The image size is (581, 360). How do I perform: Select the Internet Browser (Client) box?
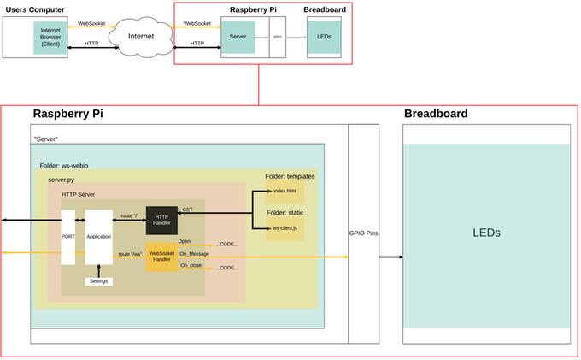(49, 38)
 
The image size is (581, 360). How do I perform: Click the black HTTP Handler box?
(161, 220)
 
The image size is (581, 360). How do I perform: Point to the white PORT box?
(68, 236)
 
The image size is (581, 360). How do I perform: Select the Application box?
(99, 236)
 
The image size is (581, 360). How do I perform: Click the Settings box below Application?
(99, 281)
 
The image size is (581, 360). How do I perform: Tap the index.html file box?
(285, 192)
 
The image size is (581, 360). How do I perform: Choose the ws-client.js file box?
(285, 228)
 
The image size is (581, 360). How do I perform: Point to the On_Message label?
(195, 253)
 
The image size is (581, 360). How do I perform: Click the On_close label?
(191, 266)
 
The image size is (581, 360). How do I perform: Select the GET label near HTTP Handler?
(187, 209)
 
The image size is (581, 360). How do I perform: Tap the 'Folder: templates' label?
(290, 176)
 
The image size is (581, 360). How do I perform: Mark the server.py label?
(62, 180)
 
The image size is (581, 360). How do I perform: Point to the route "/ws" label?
(130, 254)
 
